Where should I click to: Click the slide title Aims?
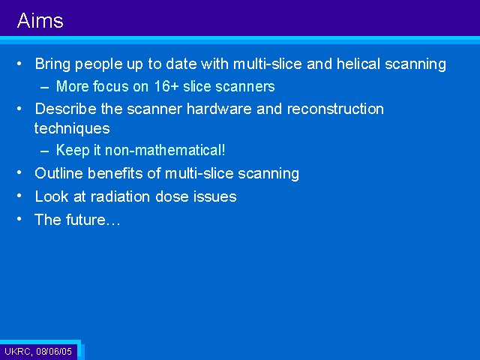point(40,21)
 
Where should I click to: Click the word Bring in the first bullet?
point(52,64)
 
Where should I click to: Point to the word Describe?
point(66,109)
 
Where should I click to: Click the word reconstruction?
point(335,109)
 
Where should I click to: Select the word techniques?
point(72,128)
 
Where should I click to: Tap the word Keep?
point(73,150)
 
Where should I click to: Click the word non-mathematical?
point(165,150)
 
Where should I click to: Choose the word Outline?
point(59,173)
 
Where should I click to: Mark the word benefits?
point(115,173)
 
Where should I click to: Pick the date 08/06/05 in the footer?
point(54,351)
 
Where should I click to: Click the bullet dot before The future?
point(19,218)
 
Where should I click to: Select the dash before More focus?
point(45,88)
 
